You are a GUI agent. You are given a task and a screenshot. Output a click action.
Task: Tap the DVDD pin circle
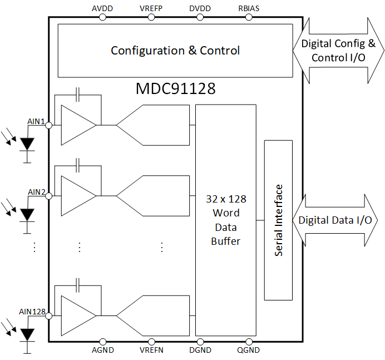pos(200,17)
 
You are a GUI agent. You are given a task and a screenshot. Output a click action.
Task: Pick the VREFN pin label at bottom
pos(150,350)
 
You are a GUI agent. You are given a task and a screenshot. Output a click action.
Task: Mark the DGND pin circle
pos(200,341)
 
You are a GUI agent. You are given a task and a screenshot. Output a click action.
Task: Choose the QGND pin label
pos(248,350)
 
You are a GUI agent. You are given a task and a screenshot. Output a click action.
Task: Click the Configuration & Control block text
pos(175,51)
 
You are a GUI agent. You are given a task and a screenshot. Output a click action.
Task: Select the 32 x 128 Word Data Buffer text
pos(225,220)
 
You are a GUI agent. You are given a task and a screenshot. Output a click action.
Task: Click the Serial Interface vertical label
pos(279,220)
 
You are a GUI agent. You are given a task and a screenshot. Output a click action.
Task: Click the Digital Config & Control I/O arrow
pos(338,51)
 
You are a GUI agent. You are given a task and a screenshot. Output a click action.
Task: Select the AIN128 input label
pos(32,311)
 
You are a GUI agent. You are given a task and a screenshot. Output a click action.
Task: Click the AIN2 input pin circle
pos(49,196)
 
